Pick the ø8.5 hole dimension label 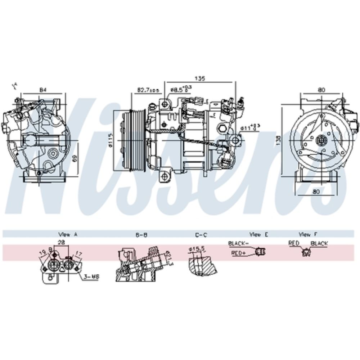point(180,89)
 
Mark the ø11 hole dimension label point(251,127)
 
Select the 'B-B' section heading point(141,234)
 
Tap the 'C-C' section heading point(201,234)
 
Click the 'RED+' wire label point(238,253)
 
